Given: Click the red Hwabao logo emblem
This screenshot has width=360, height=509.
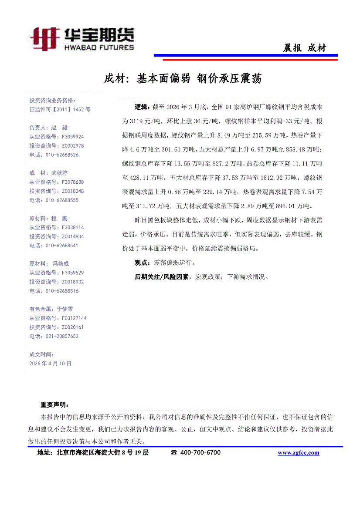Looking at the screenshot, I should pyautogui.click(x=44, y=38).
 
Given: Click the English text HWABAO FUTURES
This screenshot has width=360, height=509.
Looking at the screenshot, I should pyautogui.click(x=99, y=47).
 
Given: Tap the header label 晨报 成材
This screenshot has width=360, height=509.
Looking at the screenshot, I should pyautogui.click(x=304, y=48).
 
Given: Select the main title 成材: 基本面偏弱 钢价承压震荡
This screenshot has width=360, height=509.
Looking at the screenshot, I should pyautogui.click(x=183, y=79).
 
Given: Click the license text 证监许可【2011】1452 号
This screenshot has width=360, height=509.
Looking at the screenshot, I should pyautogui.click(x=60, y=110).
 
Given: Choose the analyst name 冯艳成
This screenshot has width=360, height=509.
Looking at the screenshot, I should pyautogui.click(x=61, y=263).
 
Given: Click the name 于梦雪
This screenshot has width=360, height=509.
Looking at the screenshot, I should pyautogui.click(x=65, y=309).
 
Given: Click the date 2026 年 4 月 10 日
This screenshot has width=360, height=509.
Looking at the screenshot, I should pyautogui.click(x=50, y=363).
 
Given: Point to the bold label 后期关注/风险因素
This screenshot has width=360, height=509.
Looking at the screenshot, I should pyautogui.click(x=161, y=276).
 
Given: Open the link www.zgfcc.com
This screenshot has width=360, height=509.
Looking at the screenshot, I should pyautogui.click(x=299, y=453).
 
